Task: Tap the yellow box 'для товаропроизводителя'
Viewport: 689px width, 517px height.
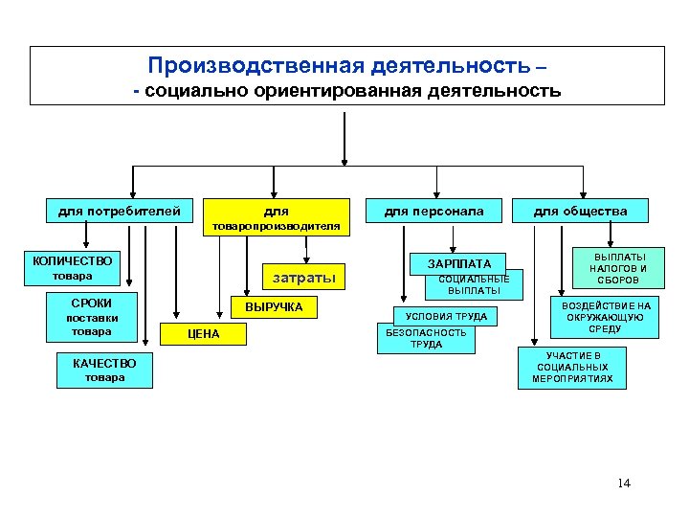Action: (x=276, y=216)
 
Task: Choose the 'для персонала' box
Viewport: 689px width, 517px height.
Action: (x=433, y=211)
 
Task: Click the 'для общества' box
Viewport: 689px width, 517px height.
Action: (x=580, y=211)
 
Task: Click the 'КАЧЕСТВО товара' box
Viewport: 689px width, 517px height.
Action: (x=104, y=370)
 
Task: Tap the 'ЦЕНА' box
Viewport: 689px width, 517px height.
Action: (x=203, y=334)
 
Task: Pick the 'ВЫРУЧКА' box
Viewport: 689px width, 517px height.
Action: (x=274, y=307)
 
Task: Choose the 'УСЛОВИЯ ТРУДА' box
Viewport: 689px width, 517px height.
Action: (x=446, y=316)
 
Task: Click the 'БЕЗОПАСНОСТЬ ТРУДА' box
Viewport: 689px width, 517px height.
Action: (x=426, y=339)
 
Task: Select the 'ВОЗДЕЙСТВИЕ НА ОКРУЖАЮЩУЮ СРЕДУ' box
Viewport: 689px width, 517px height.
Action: (x=606, y=317)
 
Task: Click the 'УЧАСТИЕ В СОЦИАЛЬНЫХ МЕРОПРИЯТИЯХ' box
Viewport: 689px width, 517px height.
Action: (x=572, y=368)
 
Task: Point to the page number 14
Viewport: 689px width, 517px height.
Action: (x=624, y=482)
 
